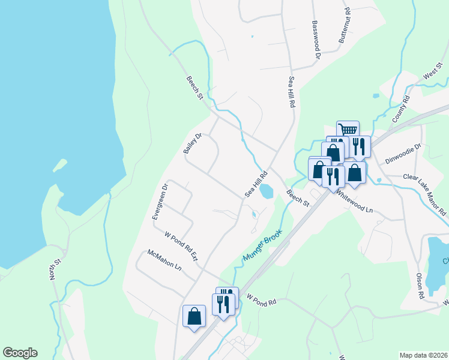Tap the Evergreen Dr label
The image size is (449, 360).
coord(160,201)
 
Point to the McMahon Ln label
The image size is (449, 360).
coord(164,261)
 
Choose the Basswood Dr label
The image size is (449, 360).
coord(316,40)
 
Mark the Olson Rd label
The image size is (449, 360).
coord(420,286)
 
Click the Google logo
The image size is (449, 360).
coord(20,353)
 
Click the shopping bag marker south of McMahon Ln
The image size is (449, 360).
coord(194,316)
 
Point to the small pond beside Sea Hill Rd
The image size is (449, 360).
coord(265,191)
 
